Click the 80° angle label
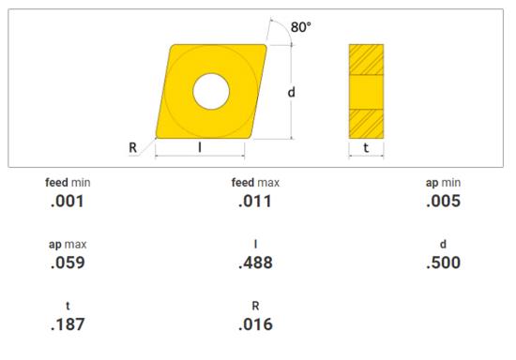click(x=301, y=27)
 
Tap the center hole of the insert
click(x=211, y=91)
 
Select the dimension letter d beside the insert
click(x=291, y=93)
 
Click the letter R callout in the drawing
click(x=132, y=147)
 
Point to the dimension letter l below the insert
click(x=200, y=147)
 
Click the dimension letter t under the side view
click(x=366, y=147)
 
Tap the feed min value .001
click(x=68, y=202)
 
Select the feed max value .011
click(x=255, y=202)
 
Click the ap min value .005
click(x=443, y=202)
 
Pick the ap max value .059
click(x=68, y=262)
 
